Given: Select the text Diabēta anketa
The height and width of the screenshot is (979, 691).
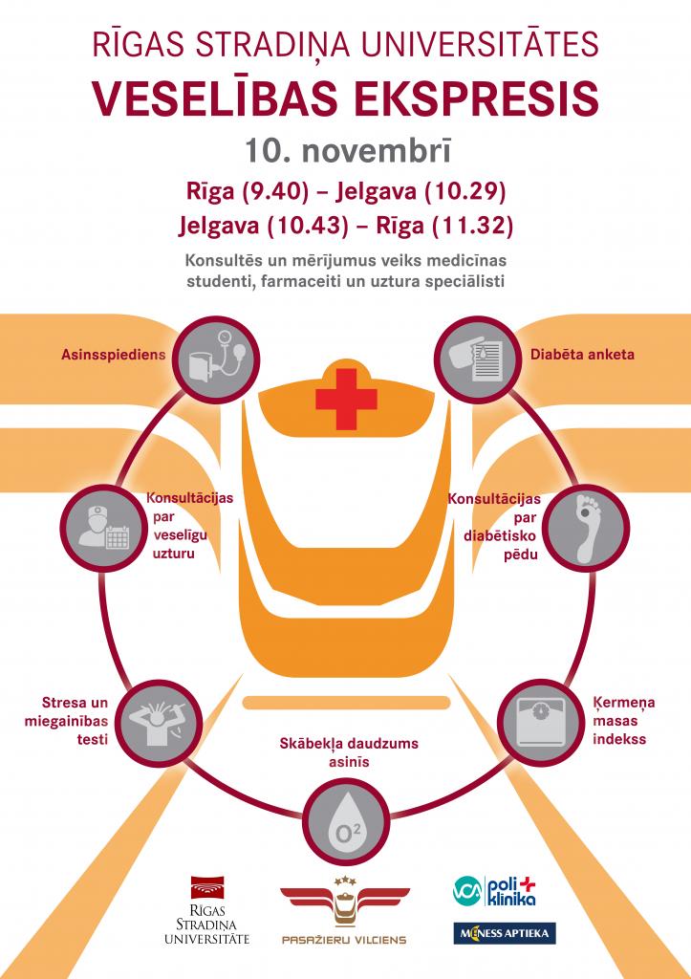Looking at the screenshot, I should click(x=582, y=355).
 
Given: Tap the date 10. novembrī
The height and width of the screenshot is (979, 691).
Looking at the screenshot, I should click(x=345, y=151).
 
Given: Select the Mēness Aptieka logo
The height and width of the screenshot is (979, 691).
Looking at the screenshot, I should click(x=504, y=933).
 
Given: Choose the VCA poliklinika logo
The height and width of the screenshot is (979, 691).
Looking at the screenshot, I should click(x=494, y=889).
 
